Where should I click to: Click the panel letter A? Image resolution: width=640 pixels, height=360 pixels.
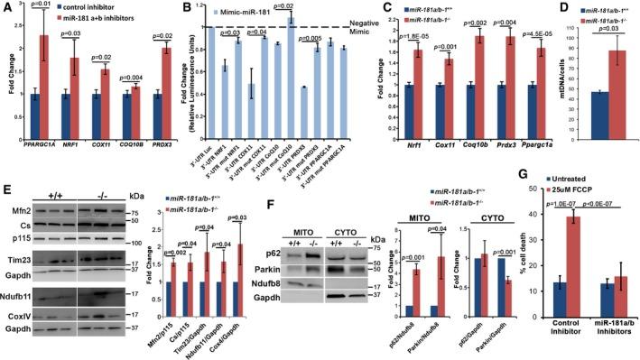pyautogui.click(x=7, y=8)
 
